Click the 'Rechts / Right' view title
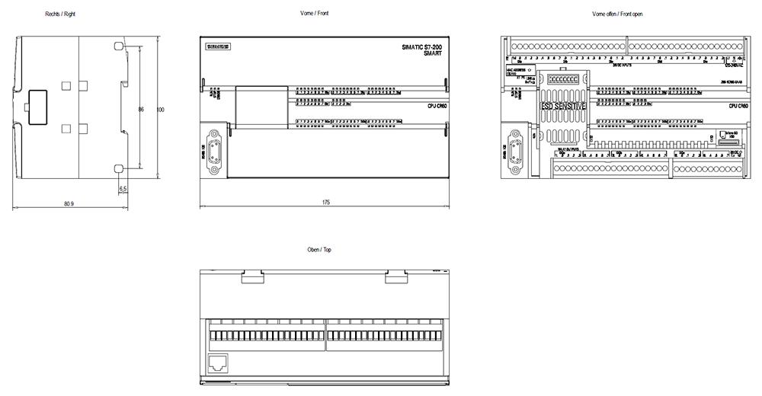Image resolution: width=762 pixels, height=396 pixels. coord(59,14)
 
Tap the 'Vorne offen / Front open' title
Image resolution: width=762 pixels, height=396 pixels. coord(617,14)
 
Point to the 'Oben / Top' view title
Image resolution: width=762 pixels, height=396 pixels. coord(319,250)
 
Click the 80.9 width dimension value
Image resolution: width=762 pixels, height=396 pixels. coord(69,204)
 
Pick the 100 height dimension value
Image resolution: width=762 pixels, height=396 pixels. coord(160,110)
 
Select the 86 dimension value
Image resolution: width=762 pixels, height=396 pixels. coord(141,110)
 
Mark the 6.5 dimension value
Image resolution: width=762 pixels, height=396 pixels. coord(123,188)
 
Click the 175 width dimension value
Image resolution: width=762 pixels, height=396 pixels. coord(325,203)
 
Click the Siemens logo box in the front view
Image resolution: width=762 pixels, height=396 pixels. coord(218,48)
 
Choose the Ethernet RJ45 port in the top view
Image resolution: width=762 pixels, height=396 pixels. coord(218,363)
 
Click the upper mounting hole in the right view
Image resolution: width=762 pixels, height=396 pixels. coord(118,46)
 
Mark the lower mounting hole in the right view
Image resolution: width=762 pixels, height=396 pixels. coord(118,168)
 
